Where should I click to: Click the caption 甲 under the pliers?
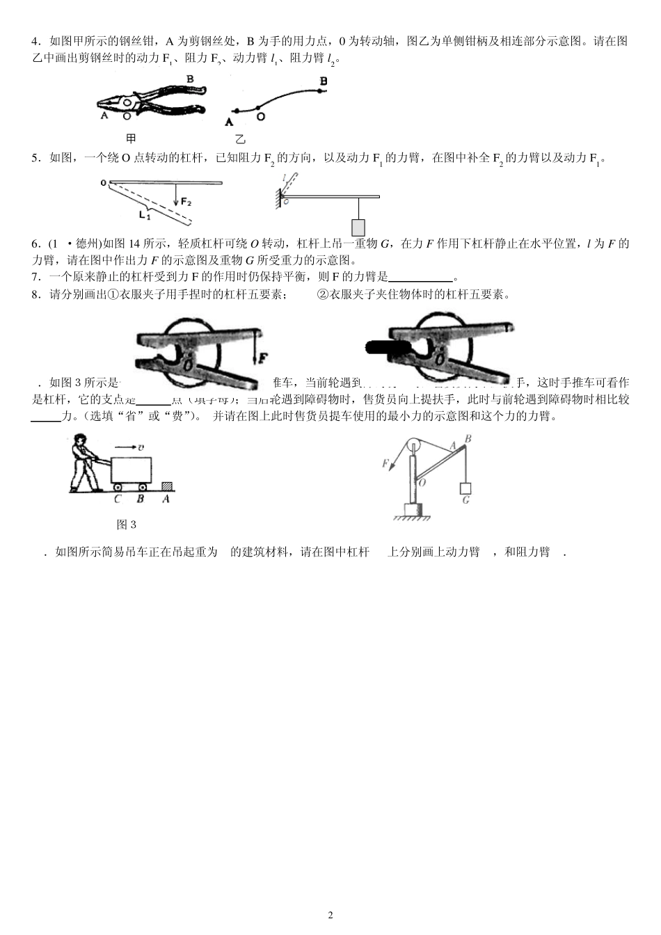point(131,138)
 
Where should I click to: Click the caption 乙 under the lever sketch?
point(240,139)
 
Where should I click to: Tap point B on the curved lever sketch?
point(323,81)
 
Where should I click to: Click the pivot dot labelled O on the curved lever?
point(259,108)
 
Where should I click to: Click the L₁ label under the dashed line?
point(144,215)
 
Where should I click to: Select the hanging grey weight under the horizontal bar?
point(359,227)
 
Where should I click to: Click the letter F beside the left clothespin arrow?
point(263,359)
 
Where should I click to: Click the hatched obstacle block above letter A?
point(167,487)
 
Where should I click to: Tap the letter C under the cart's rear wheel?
point(118,499)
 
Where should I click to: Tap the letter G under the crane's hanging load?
point(465,500)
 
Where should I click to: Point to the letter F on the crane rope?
point(385,463)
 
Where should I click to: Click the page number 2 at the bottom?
point(330,914)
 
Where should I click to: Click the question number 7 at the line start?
point(35,276)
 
